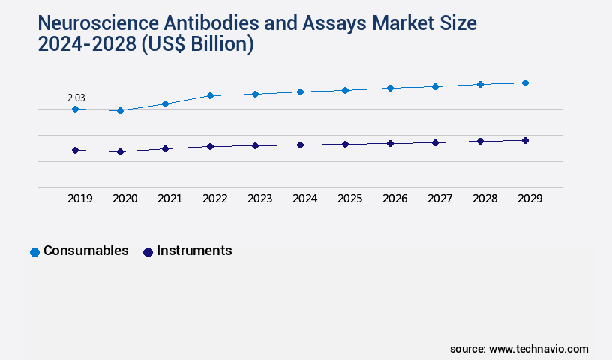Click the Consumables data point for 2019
[75, 109]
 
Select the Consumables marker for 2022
[210, 95]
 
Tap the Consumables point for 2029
[525, 82]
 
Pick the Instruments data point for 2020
[120, 151]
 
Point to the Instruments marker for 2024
[300, 145]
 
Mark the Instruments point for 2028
[480, 141]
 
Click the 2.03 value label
[76, 97]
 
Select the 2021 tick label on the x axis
[169, 199]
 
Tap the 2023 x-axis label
[259, 199]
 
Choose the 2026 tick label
[394, 199]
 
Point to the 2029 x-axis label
[529, 199]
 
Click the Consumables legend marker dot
[34, 252]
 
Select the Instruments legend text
[194, 250]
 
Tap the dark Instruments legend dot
[148, 252]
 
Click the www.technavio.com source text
[538, 349]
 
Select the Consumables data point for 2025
[345, 90]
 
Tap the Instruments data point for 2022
[210, 146]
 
